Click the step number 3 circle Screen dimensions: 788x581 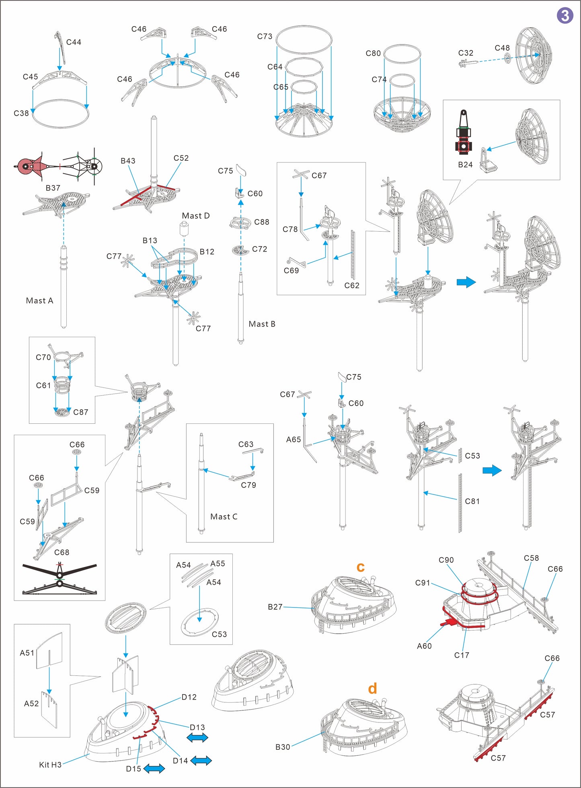coord(565,15)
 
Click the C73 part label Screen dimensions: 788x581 coord(265,37)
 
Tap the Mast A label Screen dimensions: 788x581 coord(39,301)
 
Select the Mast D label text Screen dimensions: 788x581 coord(196,216)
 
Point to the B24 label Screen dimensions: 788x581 coord(465,165)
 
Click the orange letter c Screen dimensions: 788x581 coord(361,567)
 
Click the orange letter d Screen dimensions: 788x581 coord(373,689)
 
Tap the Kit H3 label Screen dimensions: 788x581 coord(50,765)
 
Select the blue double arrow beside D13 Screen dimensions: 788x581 coord(197,737)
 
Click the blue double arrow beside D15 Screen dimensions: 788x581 coord(154,768)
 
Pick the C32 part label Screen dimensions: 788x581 coord(466,53)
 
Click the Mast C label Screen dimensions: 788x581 coord(224,517)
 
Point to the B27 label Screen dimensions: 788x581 coord(275,607)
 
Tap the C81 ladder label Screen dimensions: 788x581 coord(472,501)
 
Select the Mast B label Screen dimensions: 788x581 coord(262,324)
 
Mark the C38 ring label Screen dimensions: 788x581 coord(21,113)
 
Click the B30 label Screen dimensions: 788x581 coord(283,747)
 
